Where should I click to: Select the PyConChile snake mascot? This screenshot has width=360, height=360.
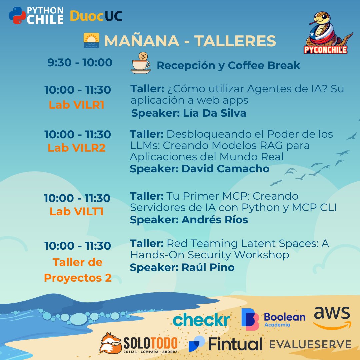pyautogui.click(x=326, y=33)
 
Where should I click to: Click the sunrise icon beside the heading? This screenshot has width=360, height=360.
pyautogui.click(x=91, y=41)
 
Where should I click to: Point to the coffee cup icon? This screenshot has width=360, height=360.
pyautogui.click(x=140, y=63)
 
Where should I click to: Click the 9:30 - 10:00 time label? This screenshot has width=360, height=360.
pyautogui.click(x=80, y=62)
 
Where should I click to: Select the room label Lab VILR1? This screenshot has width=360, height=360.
pyautogui.click(x=77, y=105)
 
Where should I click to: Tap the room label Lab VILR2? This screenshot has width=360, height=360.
pyautogui.click(x=77, y=148)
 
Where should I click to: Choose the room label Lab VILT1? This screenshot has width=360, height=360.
pyautogui.click(x=77, y=211)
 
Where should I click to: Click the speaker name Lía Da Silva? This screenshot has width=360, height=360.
pyautogui.click(x=215, y=113)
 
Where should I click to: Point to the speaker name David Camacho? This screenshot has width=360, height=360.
pyautogui.click(x=225, y=169)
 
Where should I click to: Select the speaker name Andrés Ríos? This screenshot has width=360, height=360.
pyautogui.click(x=215, y=220)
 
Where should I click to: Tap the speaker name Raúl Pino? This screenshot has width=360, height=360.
pyautogui.click(x=208, y=267)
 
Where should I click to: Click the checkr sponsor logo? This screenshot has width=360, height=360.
pyautogui.click(x=201, y=320)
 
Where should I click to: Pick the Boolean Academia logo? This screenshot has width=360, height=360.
pyautogui.click(x=273, y=319)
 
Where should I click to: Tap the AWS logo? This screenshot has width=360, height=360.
pyautogui.click(x=332, y=318)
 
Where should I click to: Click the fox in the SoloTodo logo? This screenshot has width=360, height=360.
pyautogui.click(x=110, y=342)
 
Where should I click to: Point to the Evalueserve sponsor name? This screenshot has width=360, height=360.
pyautogui.click(x=310, y=344)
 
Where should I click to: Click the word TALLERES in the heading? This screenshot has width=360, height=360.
pyautogui.click(x=235, y=41)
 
